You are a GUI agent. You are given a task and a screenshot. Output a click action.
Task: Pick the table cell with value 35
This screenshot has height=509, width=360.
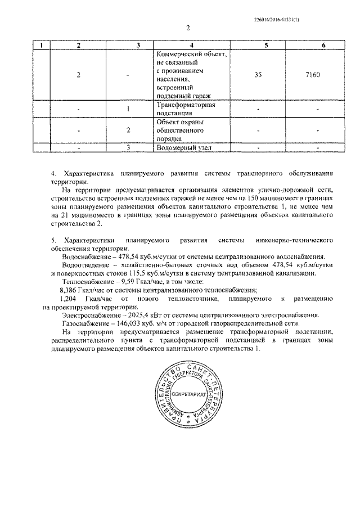258,74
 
